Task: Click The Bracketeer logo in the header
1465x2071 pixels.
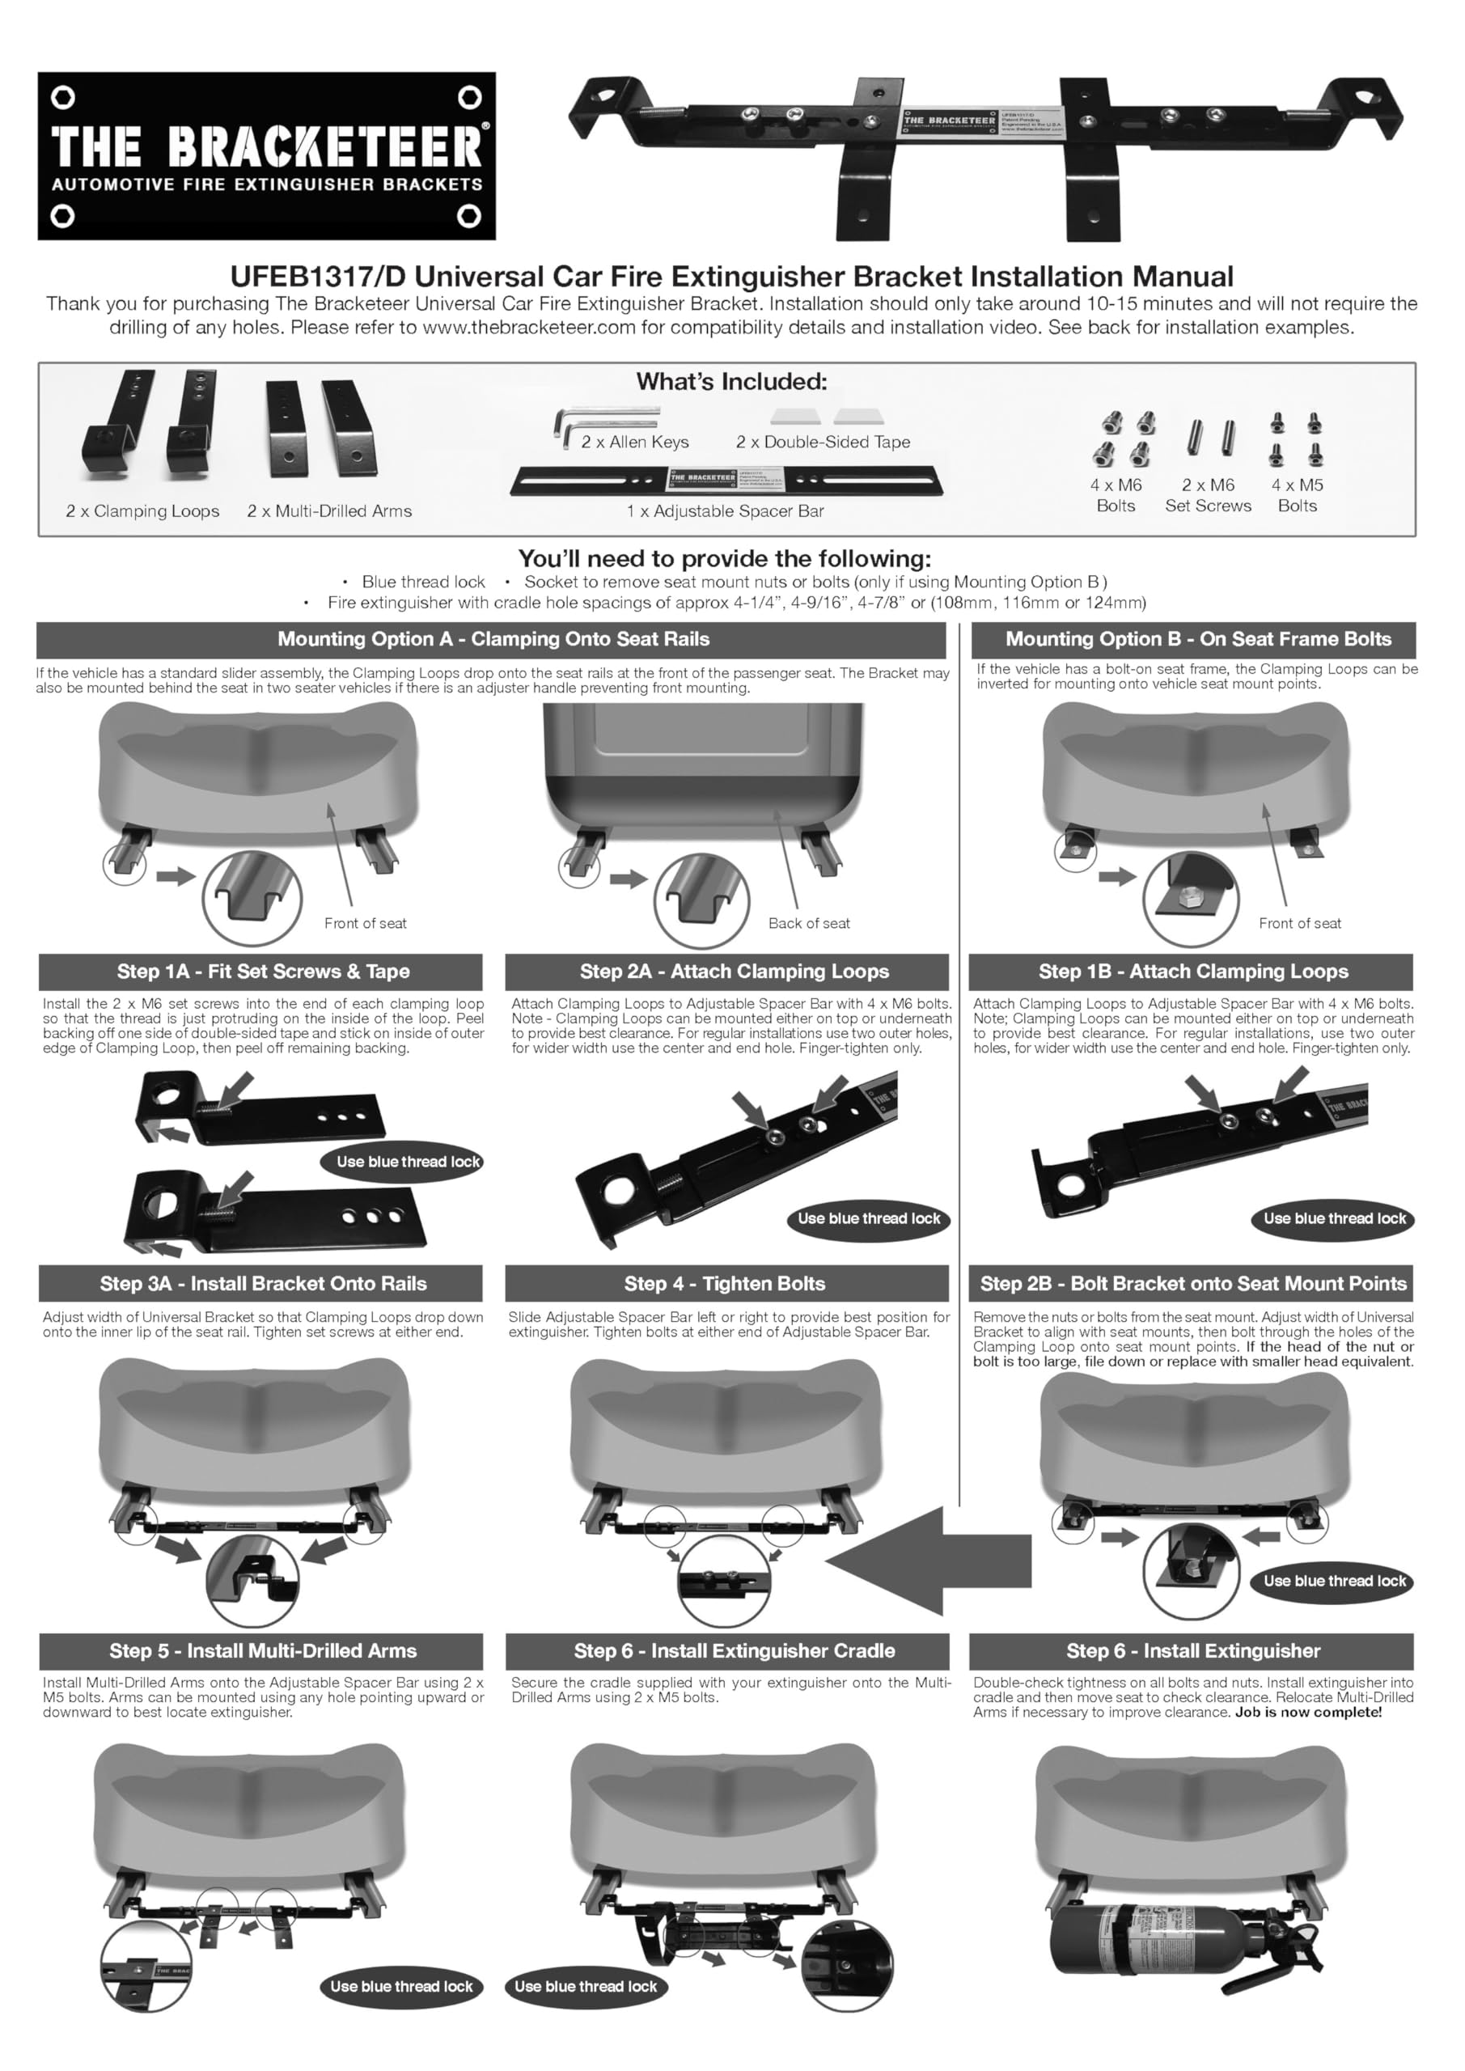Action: coord(266,156)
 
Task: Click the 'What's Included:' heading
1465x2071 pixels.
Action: coord(730,382)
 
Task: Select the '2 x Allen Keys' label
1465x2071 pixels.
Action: coord(634,442)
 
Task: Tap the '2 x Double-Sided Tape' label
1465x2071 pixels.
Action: coord(823,442)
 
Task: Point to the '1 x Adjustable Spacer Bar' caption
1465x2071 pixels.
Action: coord(726,511)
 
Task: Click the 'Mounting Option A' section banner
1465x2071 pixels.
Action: coord(493,640)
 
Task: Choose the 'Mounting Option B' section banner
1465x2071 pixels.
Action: coord(1198,640)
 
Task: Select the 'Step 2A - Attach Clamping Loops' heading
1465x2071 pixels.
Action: coord(734,972)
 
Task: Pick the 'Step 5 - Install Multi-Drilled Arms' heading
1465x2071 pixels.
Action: coord(263,1650)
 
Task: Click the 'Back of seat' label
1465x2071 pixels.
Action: coord(808,924)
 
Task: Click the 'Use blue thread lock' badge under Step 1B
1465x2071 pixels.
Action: coord(1334,1218)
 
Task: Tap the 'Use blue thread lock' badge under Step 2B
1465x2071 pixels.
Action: coord(1334,1582)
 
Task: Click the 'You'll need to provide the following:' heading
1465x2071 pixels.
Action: coord(724,558)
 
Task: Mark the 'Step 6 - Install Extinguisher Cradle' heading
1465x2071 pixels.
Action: coord(735,1650)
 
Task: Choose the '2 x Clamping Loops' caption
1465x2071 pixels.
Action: coord(142,511)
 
